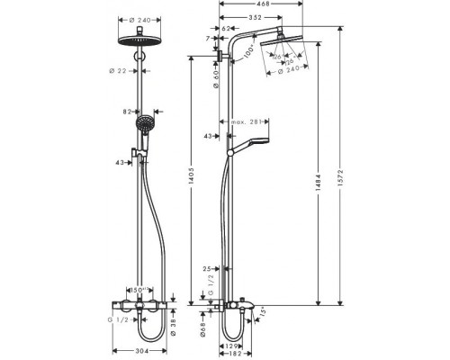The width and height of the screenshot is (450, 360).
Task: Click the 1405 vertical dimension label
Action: (191, 185)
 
